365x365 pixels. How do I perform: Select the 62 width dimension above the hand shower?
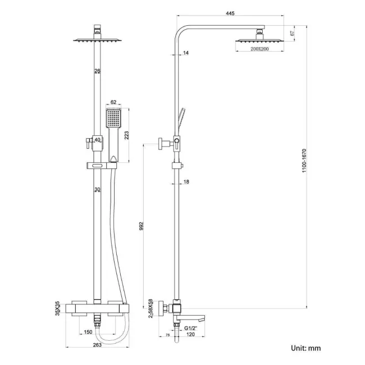(113, 102)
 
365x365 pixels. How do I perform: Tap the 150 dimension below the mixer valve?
(88, 332)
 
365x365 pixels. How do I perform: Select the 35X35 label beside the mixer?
(58, 308)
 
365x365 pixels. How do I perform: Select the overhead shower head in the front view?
(98, 40)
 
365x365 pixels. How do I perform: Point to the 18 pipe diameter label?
(187, 182)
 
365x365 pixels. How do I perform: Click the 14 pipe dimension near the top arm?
(186, 53)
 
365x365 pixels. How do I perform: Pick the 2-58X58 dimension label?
(150, 308)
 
